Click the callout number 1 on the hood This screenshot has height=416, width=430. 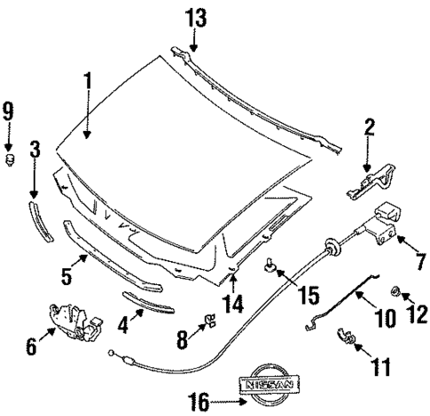88,81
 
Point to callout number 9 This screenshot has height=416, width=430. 8,112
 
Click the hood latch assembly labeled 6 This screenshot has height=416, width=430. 72,323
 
